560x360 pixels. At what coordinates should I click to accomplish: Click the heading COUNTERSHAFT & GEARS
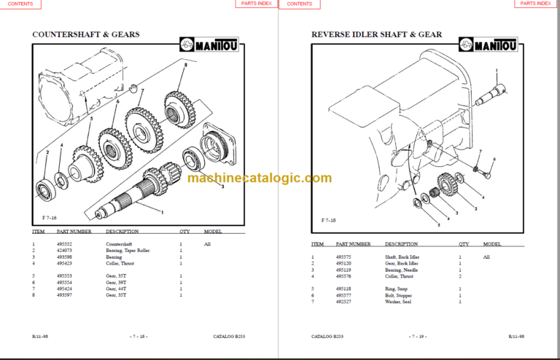pos(86,34)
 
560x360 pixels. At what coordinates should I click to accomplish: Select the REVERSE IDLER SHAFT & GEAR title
pos(376,34)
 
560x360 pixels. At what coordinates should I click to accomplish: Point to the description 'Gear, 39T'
pos(116,283)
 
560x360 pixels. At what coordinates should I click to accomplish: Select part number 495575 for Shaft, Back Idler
pos(343,257)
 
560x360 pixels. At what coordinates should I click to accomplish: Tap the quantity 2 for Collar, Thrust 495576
pos(460,276)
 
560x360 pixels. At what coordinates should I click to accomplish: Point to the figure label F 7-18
pos(329,219)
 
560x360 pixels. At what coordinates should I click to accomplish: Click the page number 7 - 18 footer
pos(139,337)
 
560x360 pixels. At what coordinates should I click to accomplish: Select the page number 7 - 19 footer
pos(419,337)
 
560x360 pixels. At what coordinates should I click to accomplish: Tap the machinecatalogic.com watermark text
pos(260,178)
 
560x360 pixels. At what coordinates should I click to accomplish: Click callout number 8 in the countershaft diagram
pos(185,66)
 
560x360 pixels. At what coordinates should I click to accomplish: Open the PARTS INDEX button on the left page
pos(255,4)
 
